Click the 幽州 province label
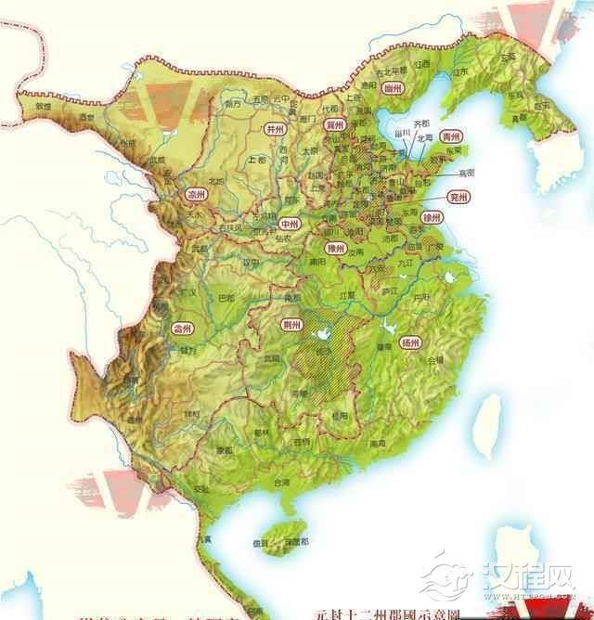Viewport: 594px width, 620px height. pos(393,88)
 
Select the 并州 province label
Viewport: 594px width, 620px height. pos(275,129)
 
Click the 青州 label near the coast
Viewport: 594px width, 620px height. pos(451,136)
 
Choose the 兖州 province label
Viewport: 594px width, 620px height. pos(457,197)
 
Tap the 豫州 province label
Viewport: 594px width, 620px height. pos(337,248)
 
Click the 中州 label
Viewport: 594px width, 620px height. pos(291,224)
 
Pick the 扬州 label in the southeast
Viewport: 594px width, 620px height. pos(411,342)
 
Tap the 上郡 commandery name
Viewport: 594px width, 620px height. pos(258,160)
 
